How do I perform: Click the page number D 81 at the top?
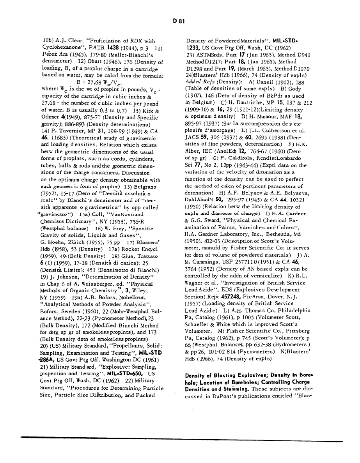[x=178, y=22]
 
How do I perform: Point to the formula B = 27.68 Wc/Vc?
[x=96, y=82]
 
